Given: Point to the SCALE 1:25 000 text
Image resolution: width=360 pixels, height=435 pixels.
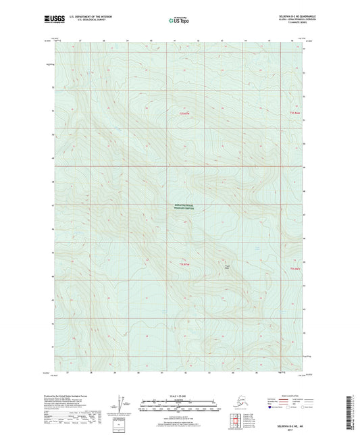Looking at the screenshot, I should (x=179, y=395).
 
